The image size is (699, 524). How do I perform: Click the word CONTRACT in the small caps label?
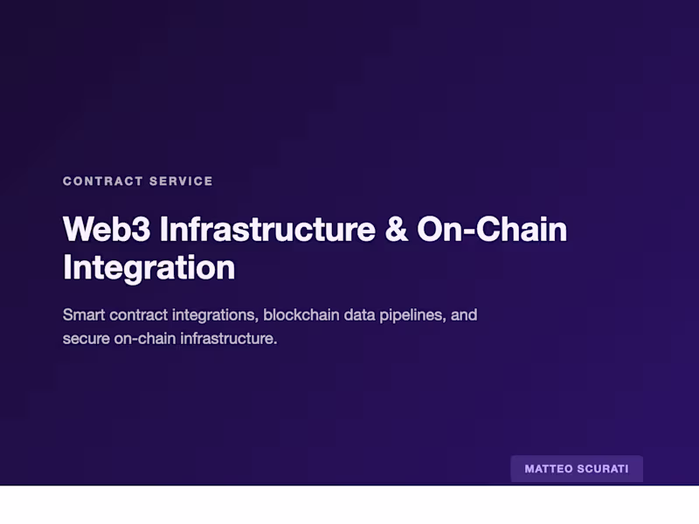tap(103, 182)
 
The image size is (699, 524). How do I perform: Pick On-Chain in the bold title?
tap(492, 230)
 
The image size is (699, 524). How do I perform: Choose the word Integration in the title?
tap(149, 267)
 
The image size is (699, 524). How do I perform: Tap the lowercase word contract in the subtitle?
tap(138, 314)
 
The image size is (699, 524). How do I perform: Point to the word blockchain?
tap(302, 314)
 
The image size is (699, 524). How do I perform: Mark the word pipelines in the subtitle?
tap(414, 314)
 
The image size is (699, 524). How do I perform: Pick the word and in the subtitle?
tap(465, 314)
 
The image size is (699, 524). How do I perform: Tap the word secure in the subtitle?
tap(87, 338)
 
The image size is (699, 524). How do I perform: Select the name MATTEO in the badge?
tap(549, 469)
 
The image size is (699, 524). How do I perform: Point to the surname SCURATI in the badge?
tap(603, 469)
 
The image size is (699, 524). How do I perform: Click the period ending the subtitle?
tap(275, 341)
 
